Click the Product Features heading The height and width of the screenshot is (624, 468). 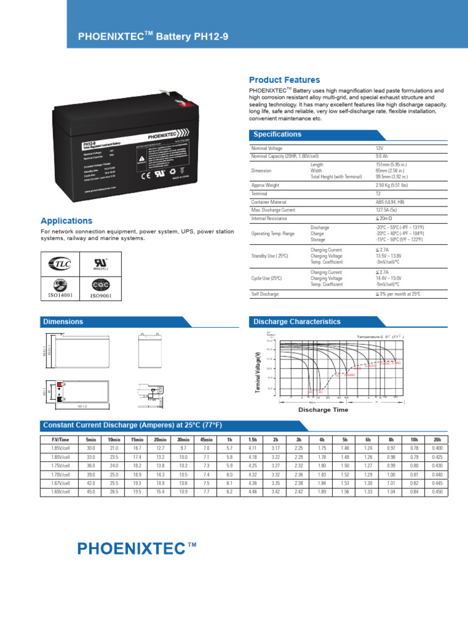pos(284,80)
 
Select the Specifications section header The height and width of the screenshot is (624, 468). pos(277,134)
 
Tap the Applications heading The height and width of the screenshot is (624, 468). pos(66,221)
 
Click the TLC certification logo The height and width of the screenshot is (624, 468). pos(60,264)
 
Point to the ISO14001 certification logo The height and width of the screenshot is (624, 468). pos(60,288)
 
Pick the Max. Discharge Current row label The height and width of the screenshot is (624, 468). pos(273,210)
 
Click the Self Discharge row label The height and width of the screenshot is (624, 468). pos(265,294)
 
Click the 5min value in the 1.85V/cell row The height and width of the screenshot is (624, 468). pos(91,448)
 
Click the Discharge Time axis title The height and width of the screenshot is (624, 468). pos(323,409)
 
